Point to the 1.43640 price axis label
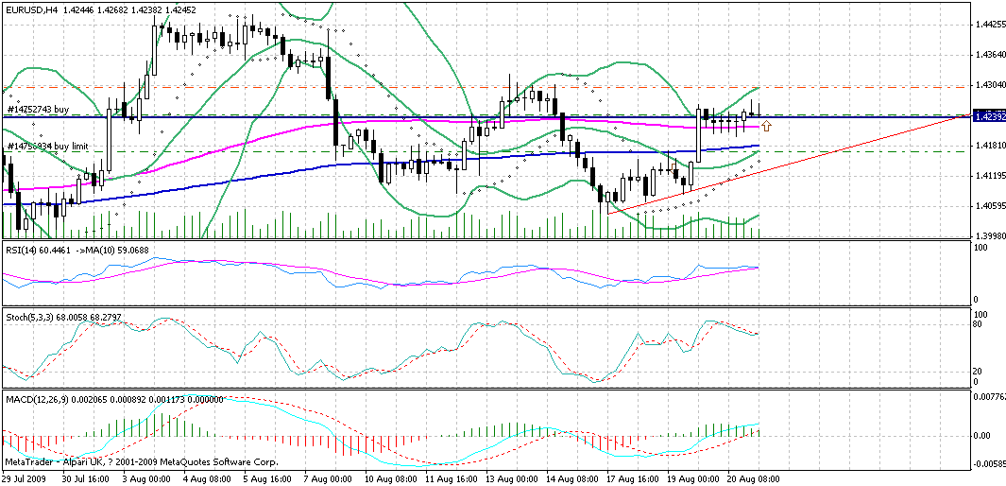tap(988, 55)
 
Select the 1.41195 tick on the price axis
tap(988, 176)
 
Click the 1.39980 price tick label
tap(988, 236)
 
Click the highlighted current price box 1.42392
tap(988, 116)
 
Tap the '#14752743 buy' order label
tap(38, 110)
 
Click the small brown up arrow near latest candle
tap(766, 125)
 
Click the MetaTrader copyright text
tap(142, 461)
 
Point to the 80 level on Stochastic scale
tap(979, 324)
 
